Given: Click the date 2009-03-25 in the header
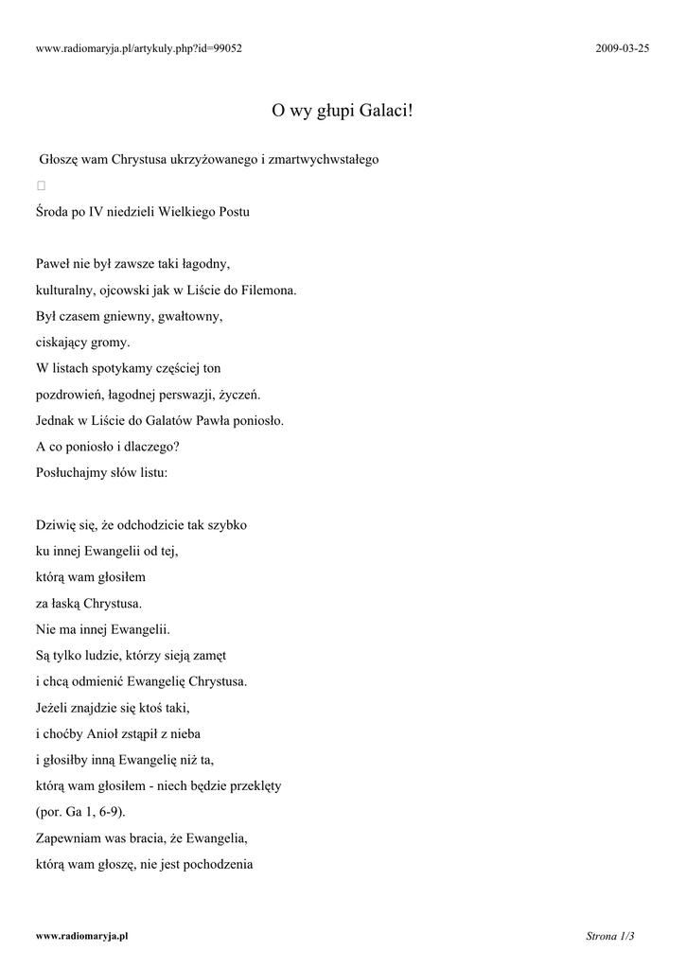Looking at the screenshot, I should click(x=623, y=48).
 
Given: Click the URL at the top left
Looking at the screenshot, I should click(x=139, y=48).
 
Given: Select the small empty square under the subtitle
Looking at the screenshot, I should click(x=42, y=185).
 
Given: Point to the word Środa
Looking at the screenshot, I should click(x=52, y=212).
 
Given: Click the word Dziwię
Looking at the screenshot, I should click(x=56, y=524).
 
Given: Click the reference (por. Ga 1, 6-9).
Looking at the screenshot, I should click(x=79, y=812).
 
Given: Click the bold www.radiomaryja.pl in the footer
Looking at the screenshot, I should click(x=82, y=936).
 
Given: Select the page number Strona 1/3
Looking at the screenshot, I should click(x=609, y=936).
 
